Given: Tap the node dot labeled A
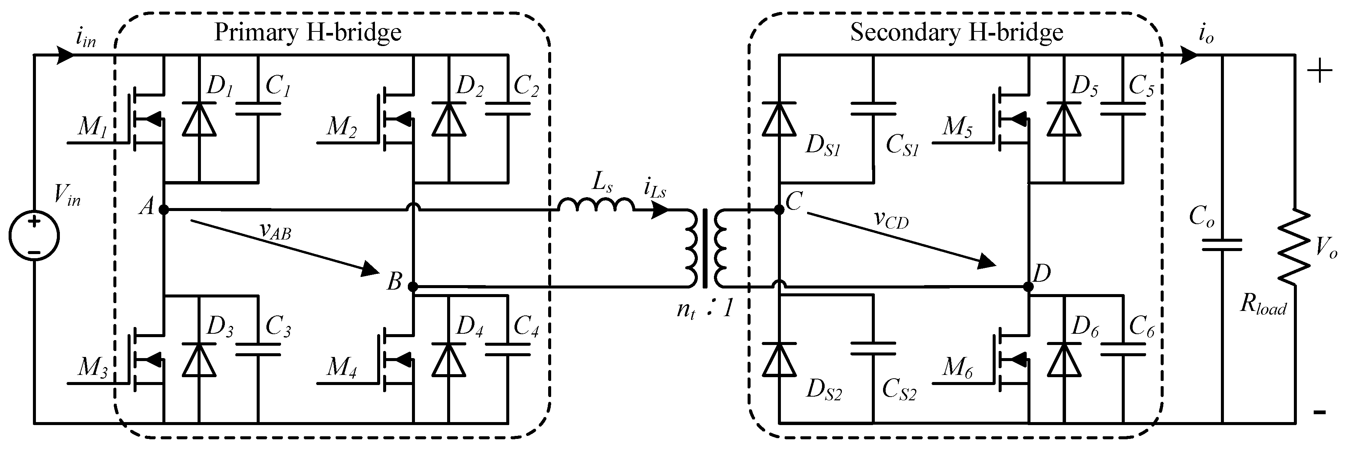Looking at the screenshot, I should coord(164,210).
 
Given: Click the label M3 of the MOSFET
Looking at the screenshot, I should coord(93,368).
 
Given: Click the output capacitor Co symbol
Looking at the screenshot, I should coord(1222,244).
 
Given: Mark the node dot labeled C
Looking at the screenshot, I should coord(779,210).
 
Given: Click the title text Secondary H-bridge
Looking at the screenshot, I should coord(956,33).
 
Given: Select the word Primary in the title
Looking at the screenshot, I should coord(256,33).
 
